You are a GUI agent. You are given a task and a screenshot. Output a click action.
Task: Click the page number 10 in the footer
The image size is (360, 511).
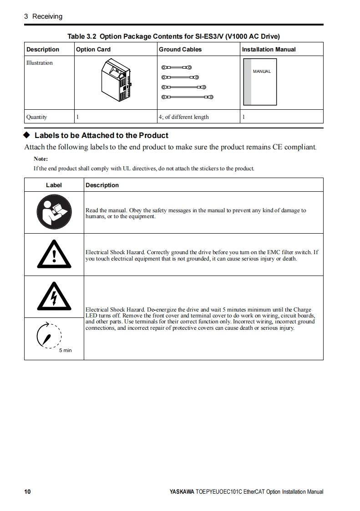click(x=27, y=491)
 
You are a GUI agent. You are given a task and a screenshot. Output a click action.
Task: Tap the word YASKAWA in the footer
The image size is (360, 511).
click(x=182, y=492)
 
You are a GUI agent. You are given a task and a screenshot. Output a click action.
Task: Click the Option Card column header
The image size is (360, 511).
click(x=93, y=49)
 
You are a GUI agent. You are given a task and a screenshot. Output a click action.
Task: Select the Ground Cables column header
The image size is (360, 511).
click(x=180, y=49)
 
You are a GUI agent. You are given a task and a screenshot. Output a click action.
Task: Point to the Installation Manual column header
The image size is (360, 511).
click(x=269, y=49)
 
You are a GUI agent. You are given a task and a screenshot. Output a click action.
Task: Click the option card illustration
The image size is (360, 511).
click(x=117, y=82)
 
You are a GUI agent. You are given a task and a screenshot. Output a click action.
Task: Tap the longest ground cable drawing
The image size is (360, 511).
click(x=187, y=97)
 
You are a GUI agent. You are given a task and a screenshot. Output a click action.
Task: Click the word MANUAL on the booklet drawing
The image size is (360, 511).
click(x=262, y=72)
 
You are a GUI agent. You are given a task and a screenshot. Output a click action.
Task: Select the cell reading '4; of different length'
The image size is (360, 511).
click(x=183, y=117)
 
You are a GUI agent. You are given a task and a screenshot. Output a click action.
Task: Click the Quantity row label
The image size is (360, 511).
click(x=36, y=117)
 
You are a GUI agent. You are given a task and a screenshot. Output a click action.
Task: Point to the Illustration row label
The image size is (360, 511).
click(x=40, y=63)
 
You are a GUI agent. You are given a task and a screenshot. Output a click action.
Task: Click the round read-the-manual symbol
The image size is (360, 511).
click(x=54, y=213)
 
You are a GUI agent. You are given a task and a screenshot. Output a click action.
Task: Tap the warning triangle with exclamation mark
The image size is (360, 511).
click(x=54, y=255)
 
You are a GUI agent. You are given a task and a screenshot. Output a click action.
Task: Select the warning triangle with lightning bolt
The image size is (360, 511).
click(x=54, y=297)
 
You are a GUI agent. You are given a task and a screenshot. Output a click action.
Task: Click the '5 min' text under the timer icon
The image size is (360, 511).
click(x=65, y=350)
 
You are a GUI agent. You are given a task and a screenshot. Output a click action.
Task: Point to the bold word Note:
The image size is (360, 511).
click(x=41, y=159)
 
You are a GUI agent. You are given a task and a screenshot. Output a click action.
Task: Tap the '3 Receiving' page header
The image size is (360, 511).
click(x=43, y=16)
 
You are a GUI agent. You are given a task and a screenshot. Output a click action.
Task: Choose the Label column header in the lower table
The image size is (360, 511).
click(x=54, y=185)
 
